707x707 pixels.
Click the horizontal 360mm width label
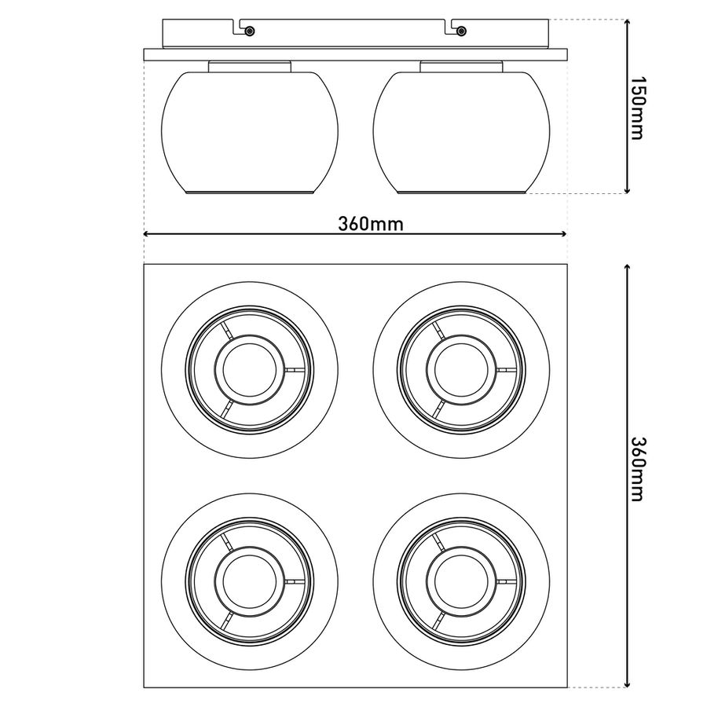point(371,224)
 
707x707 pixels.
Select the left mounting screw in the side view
point(250,31)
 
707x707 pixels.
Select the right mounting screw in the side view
point(461,31)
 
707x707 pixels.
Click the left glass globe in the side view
point(250,133)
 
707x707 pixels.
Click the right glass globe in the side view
point(461,133)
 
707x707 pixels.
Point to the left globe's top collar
point(250,66)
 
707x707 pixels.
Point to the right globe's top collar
point(461,66)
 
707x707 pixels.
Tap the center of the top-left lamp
point(250,370)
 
